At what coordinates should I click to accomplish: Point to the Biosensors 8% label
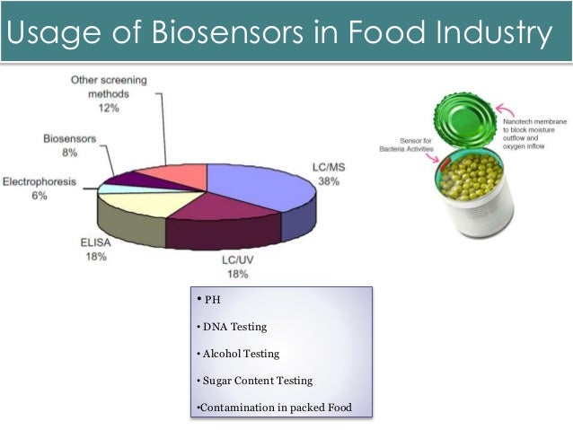[67, 145]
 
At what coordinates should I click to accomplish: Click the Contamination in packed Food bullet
[273, 408]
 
